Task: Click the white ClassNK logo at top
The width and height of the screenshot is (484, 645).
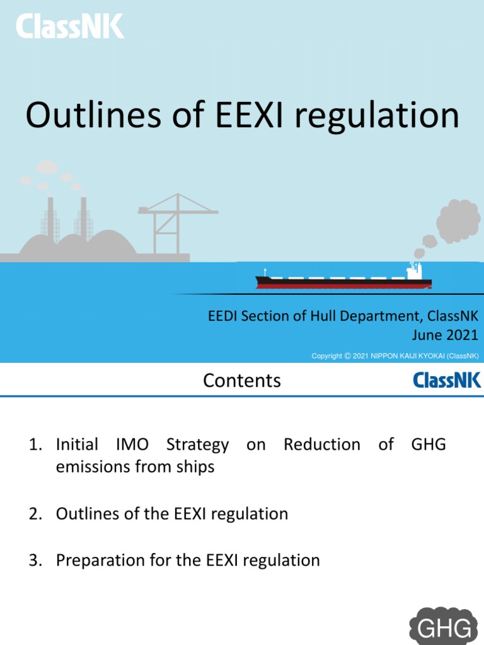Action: (x=70, y=26)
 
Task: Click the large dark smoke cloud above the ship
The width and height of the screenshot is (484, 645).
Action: (x=458, y=222)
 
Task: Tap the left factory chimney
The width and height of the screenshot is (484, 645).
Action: (x=50, y=217)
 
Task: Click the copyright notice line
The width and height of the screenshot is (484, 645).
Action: (x=395, y=357)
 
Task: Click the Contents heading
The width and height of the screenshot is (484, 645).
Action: (x=242, y=380)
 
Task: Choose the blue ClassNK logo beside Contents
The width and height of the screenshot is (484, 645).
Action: (x=447, y=380)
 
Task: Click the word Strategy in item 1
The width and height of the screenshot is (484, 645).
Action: (x=197, y=445)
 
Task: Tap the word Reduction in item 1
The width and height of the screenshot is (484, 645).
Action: (x=321, y=445)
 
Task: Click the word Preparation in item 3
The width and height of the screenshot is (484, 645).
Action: (x=96, y=561)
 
